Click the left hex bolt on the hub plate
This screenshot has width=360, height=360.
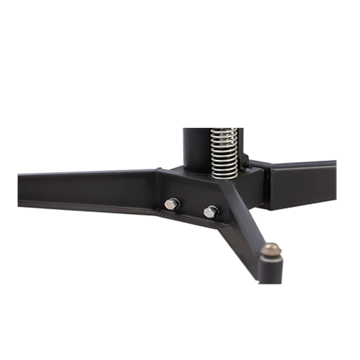click(x=171, y=203)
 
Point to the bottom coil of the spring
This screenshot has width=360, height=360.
click(x=224, y=174)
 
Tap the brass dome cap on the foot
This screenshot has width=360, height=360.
click(x=272, y=248)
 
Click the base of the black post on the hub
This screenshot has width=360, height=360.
click(x=196, y=169)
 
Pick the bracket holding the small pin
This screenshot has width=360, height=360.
click(x=243, y=160)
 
